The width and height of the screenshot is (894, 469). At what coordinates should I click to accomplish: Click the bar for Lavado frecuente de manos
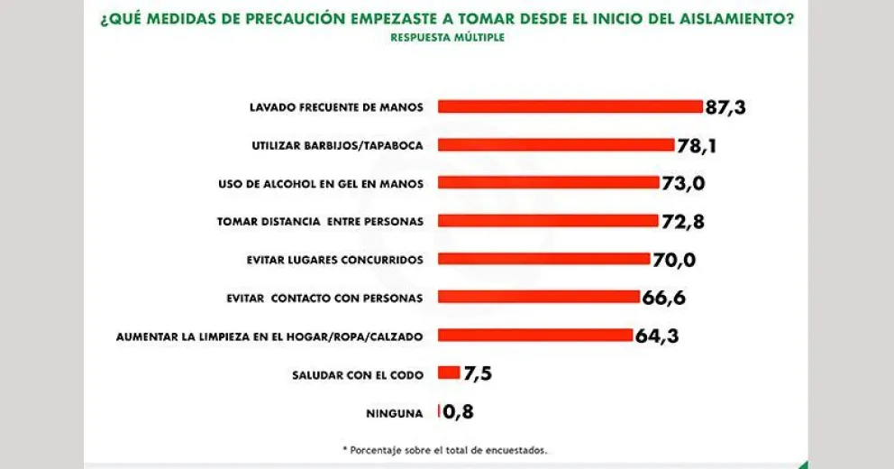tap(570, 106)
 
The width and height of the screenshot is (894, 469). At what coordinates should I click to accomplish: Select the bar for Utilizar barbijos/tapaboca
tap(556, 144)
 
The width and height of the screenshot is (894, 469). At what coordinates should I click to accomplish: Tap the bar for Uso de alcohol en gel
tap(548, 182)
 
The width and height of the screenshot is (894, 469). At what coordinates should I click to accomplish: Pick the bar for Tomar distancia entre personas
tap(547, 221)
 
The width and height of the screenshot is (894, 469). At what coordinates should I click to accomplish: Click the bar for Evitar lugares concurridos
tap(543, 259)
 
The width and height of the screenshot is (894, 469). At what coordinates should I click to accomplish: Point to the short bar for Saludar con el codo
tap(448, 373)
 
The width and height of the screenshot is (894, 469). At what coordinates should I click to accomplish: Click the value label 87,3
tap(725, 107)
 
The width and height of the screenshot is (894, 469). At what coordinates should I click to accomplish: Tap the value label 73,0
tap(682, 183)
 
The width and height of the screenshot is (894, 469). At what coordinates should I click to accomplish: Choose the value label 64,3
tap(656, 336)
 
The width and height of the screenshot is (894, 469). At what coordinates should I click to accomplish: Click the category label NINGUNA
tap(394, 413)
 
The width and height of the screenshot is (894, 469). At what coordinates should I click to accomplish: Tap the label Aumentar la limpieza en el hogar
tap(269, 336)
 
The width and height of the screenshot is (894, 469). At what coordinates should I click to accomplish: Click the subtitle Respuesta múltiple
tap(447, 38)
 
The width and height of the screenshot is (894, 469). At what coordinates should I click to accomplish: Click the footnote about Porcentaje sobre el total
tap(444, 448)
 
